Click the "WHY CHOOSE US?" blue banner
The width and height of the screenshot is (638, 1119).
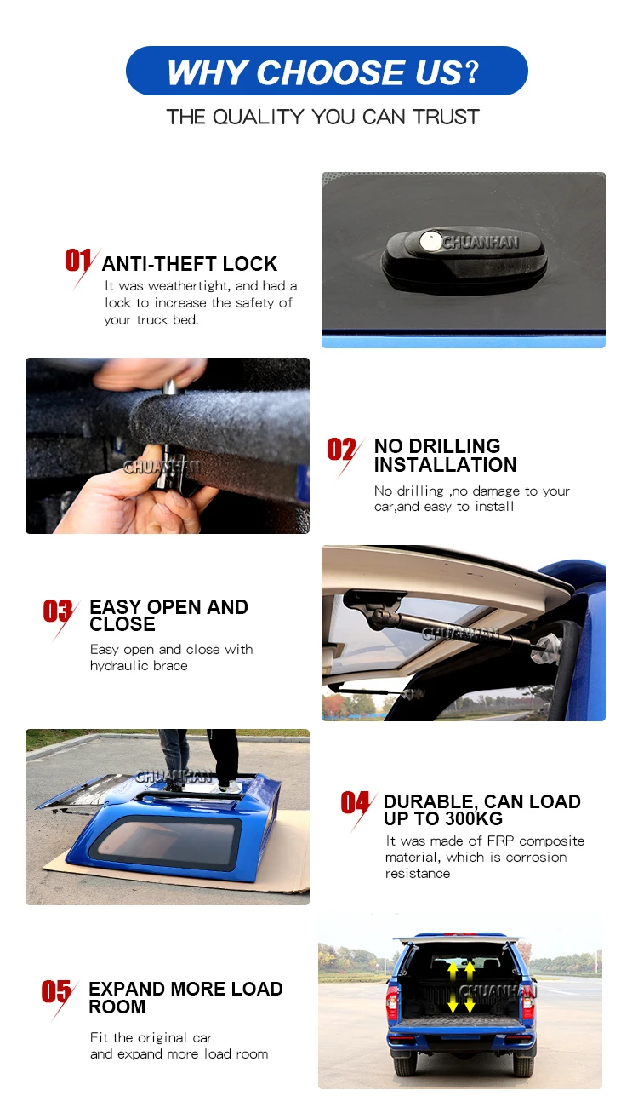pos(327,71)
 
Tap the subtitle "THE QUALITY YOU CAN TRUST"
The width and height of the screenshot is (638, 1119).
pos(322,117)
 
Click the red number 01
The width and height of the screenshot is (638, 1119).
pos(78,261)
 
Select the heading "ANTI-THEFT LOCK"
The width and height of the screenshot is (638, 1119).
pos(190,264)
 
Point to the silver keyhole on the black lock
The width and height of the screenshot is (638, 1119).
pos(430,241)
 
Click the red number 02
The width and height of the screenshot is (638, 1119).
pos(341,449)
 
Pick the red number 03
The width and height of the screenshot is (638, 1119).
pos(57,611)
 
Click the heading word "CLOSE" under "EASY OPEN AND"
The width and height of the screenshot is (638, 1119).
pos(122,624)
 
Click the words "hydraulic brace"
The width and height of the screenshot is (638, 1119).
pos(139,666)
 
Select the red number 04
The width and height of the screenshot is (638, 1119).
pos(355,802)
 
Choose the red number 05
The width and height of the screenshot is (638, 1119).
pos(56,990)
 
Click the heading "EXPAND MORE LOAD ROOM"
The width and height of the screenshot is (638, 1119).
pos(185,997)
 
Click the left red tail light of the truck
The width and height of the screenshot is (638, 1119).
pos(392,1002)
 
